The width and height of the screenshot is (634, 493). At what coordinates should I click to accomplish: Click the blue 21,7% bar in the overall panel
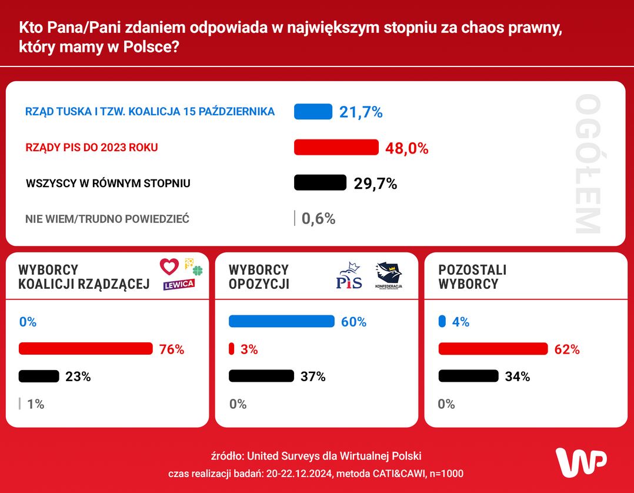coord(313,111)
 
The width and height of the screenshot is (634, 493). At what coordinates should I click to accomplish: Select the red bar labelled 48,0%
coord(336,147)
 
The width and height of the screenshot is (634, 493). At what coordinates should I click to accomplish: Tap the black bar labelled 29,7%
coord(320,183)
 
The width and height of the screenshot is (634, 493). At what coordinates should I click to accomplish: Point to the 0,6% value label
coord(318,219)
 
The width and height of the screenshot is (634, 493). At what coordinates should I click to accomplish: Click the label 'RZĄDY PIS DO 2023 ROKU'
coord(92,147)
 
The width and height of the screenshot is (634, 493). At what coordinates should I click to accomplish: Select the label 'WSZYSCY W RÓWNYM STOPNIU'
coord(108,183)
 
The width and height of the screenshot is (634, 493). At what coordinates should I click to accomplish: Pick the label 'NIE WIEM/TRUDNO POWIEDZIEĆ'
coord(107,219)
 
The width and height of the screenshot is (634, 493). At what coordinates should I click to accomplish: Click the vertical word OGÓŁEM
coord(588,164)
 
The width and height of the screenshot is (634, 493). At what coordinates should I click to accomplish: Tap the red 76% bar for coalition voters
coord(85,349)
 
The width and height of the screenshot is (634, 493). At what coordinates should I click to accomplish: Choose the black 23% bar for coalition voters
coord(39,376)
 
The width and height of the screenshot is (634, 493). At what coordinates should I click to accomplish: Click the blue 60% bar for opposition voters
coord(281,321)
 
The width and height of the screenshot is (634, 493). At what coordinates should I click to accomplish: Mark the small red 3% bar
coord(231,349)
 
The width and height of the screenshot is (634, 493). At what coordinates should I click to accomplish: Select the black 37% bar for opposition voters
coord(261,376)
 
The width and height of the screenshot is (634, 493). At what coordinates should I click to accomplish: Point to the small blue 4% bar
coord(442,321)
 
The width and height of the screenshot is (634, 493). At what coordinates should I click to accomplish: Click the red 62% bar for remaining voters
coord(493,349)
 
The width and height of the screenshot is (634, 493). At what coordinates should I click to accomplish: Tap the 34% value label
coord(517,377)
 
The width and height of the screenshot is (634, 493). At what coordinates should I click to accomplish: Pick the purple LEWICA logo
coord(179,284)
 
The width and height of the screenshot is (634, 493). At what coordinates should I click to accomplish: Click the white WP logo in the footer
coord(581,462)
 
